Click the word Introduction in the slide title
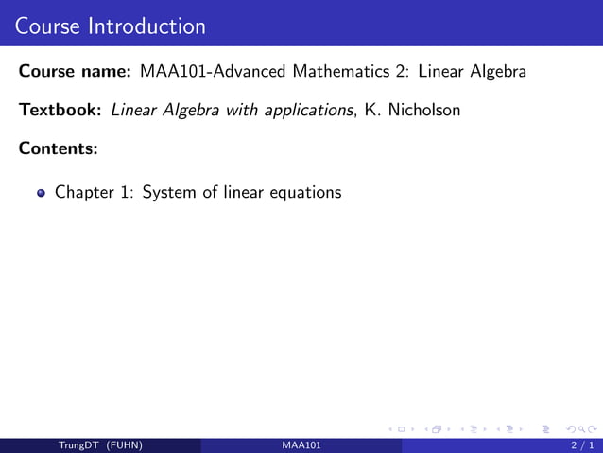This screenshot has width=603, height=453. pos(146,26)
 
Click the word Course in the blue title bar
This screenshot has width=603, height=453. pos(48,26)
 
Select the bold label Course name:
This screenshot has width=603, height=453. pos(75,71)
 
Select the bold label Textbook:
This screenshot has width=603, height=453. pos(60,110)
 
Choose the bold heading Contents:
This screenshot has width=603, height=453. pos(59,148)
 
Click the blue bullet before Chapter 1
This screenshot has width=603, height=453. pos(41,193)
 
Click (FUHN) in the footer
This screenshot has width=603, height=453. pos(124,445)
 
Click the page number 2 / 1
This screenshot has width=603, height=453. pos(581,445)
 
